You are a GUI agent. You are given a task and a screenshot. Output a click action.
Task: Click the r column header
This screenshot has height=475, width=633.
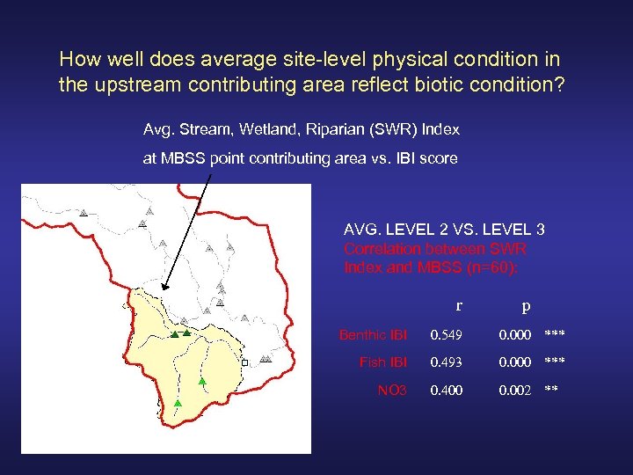pos(459,306)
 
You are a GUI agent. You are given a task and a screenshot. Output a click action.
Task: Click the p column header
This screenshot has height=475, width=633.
pos(525,307)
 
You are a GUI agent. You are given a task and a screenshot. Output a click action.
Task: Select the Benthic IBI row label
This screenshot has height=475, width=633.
pos(374,334)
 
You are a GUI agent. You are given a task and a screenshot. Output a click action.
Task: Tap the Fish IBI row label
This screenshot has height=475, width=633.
pos(383,362)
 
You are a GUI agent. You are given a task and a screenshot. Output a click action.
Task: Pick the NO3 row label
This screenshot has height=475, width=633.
pos(392,390)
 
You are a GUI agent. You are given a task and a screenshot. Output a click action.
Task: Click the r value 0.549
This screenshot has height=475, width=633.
pos(446,334)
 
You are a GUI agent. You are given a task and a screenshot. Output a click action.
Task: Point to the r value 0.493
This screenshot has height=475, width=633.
pos(446,362)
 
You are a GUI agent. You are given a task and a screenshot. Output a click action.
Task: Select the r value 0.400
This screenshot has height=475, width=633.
pos(446,390)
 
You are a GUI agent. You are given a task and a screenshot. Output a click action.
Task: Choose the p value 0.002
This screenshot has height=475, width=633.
pos(516,390)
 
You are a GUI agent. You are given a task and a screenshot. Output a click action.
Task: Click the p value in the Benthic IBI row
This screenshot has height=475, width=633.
pos(516,334)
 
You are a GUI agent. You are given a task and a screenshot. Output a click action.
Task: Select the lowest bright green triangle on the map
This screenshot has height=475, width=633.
pos(178,402)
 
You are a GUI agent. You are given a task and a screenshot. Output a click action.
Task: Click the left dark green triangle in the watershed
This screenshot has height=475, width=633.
pos(175,335)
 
